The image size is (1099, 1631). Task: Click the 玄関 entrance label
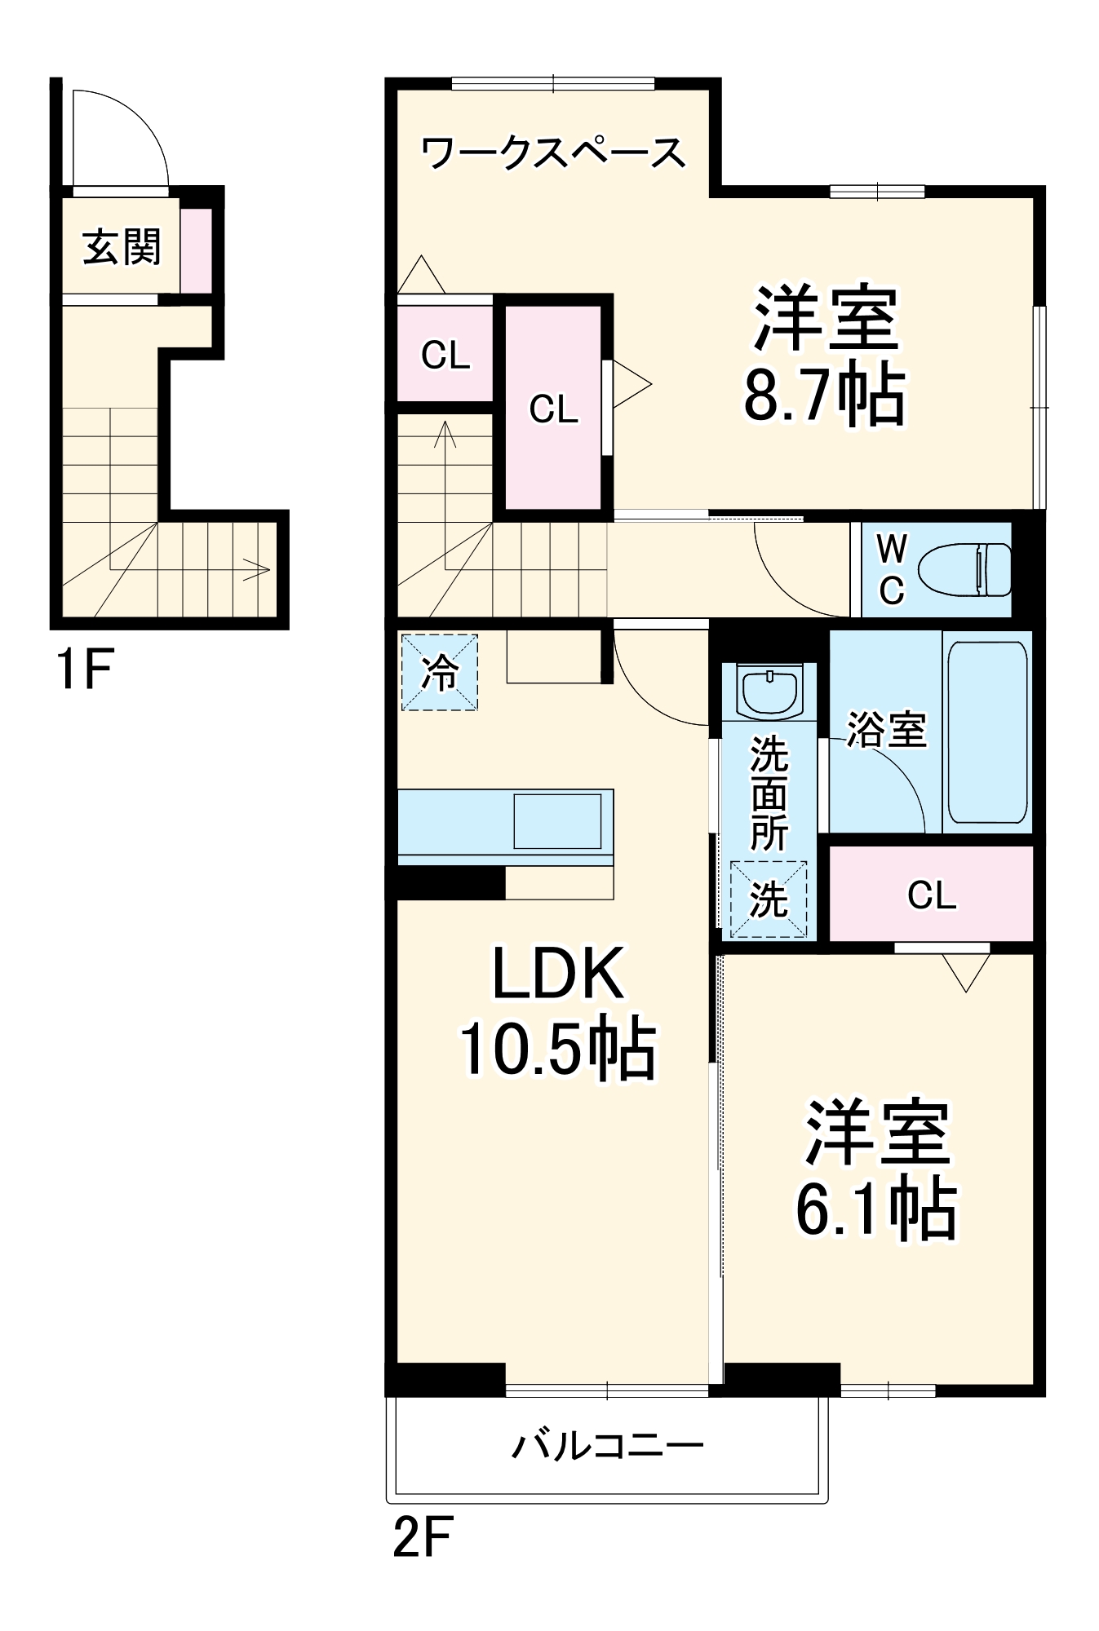pos(122,247)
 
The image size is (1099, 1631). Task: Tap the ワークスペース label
pos(554,152)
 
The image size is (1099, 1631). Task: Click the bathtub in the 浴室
pos(986,732)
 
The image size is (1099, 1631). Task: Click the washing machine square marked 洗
pos(769,899)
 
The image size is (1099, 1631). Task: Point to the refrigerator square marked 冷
pos(439,674)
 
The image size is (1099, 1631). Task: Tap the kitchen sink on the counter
pos(557,820)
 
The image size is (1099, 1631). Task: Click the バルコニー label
pos(607,1447)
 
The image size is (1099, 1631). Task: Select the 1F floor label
pos(83,669)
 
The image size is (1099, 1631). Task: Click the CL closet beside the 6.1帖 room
pos(931,895)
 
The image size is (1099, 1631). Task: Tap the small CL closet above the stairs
pos(445,356)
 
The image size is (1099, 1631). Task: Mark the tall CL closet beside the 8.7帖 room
pos(553,409)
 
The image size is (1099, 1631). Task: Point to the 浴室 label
pos(886,730)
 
